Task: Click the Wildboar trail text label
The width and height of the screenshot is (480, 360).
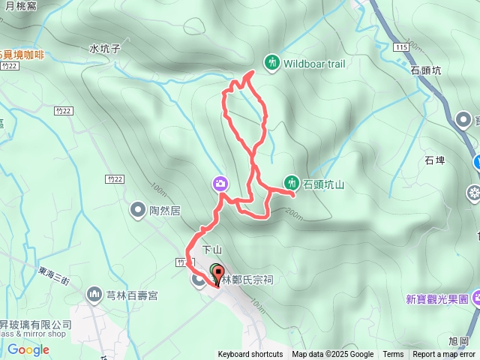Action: tap(314, 64)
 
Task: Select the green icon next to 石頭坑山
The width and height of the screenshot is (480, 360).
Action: tap(291, 182)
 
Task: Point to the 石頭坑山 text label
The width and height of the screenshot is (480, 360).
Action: tap(323, 183)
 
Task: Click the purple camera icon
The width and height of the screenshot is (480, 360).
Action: tap(220, 183)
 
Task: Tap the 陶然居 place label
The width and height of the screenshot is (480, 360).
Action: tap(166, 210)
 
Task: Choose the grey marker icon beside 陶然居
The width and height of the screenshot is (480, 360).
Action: tap(138, 209)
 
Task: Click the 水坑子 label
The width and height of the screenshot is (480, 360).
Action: tap(105, 49)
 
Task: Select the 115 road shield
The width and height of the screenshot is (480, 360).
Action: tap(398, 48)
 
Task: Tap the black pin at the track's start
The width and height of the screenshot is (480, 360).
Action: tap(217, 273)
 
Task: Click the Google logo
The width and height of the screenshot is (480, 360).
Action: tap(28, 349)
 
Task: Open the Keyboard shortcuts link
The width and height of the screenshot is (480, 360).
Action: tap(250, 355)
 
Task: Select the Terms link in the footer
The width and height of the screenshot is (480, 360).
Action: tap(393, 355)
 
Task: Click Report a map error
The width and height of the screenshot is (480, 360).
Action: tap(444, 355)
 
